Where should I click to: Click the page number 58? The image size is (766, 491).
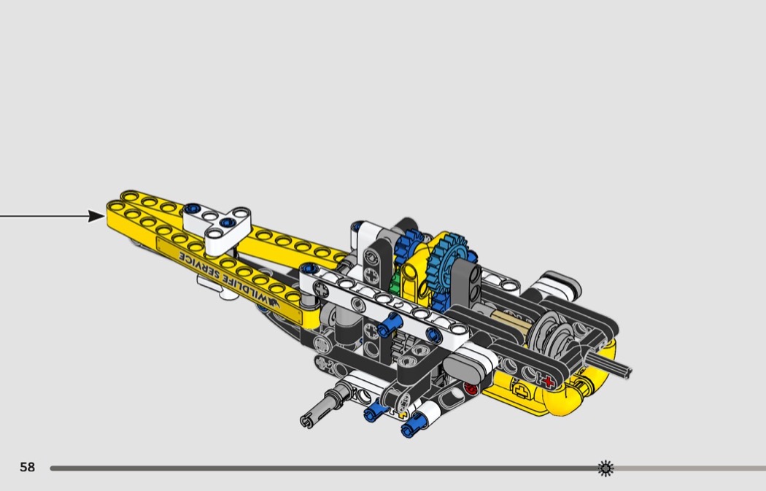28,467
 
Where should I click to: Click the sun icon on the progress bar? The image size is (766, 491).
606,468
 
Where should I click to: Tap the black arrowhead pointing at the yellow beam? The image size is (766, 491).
97,215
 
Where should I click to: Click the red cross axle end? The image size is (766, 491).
548,382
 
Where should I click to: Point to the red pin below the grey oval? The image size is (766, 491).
471,389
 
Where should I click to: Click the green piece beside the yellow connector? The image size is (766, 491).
395,282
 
